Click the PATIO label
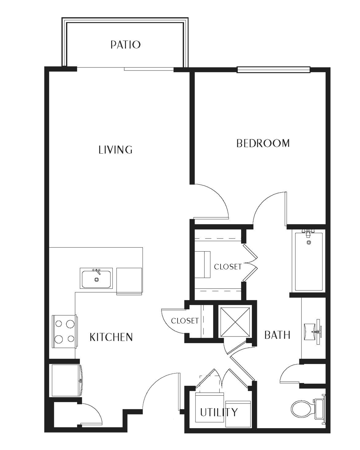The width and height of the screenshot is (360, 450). [125, 45]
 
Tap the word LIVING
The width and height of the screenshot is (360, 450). [116, 150]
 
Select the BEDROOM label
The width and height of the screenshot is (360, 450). [263, 143]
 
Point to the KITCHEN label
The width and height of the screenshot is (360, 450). [111, 337]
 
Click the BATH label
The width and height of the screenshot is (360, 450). [277, 335]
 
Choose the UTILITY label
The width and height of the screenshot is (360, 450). [219, 412]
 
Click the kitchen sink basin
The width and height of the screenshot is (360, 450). [96, 278]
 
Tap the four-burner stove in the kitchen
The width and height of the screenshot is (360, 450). [64, 331]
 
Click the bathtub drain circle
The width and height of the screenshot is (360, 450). [308, 243]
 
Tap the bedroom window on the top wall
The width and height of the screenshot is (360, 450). [273, 70]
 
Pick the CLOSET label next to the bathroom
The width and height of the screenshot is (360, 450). [228, 267]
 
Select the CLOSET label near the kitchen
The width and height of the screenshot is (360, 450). [185, 321]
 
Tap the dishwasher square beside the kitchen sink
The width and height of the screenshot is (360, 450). [129, 281]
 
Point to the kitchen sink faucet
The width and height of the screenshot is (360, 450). [97, 271]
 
